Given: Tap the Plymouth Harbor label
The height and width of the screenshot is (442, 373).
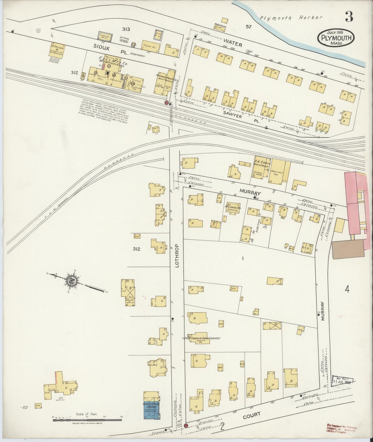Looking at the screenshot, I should [x=291, y=18].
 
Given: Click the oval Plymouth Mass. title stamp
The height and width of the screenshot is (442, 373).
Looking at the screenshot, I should [x=336, y=38].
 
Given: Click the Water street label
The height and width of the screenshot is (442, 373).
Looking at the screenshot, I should [x=233, y=43].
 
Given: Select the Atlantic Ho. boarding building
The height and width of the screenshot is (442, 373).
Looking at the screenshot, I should [x=233, y=208].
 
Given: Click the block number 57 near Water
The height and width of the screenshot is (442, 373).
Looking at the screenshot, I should [x=248, y=27].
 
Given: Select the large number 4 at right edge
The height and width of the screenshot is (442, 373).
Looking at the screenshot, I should [x=347, y=290].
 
